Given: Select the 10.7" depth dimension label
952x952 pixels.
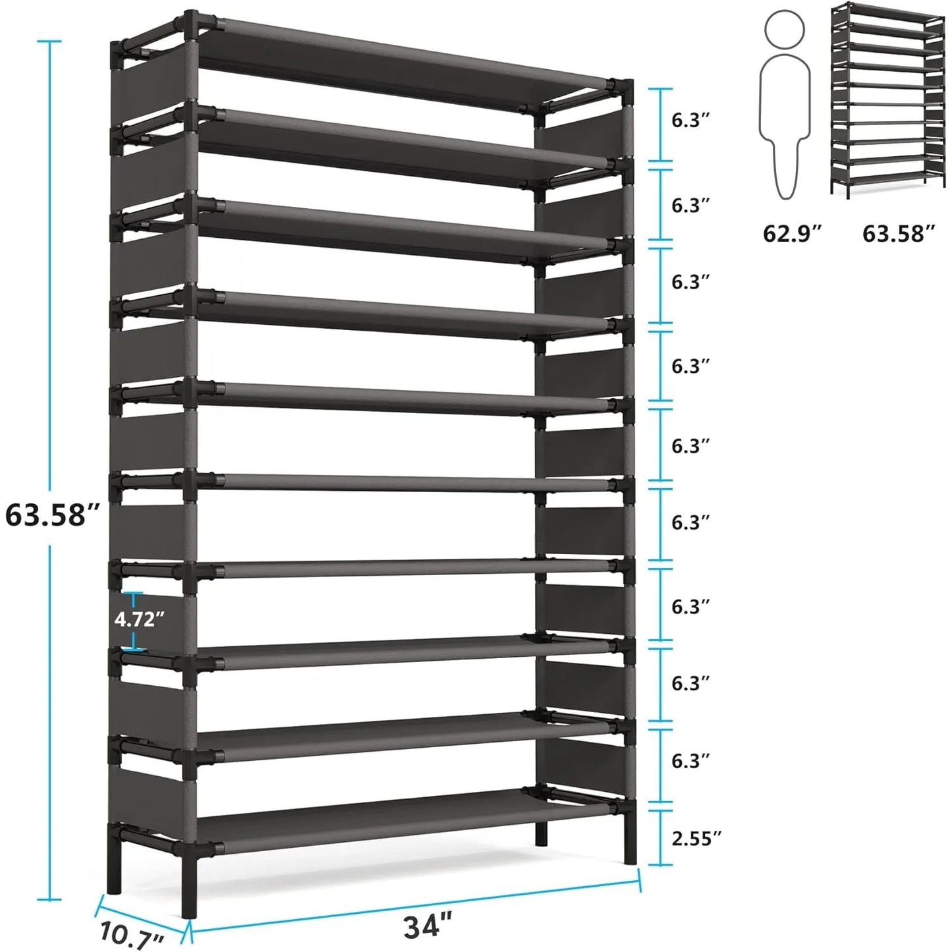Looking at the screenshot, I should [132, 935].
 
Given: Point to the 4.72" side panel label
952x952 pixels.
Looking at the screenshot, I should [139, 619].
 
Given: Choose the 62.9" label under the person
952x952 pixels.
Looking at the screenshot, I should [793, 233].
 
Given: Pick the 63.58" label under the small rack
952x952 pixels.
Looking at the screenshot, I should [899, 233].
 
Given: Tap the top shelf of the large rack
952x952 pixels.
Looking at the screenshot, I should [402, 63].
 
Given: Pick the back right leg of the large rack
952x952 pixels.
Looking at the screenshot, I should [541, 833].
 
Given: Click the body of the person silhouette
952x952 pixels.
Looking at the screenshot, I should [784, 125].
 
